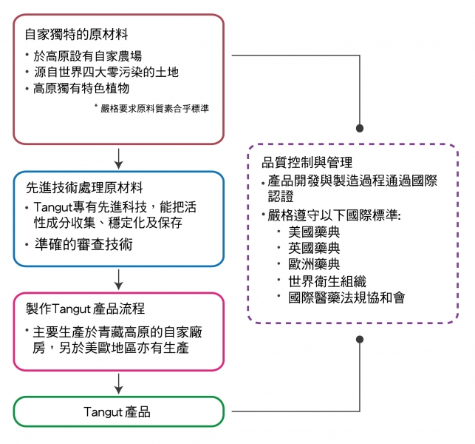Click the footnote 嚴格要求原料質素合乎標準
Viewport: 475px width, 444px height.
(155, 108)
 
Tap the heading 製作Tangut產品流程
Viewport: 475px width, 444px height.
(86, 307)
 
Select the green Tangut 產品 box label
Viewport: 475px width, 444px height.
(118, 411)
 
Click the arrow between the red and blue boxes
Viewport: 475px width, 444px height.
(118, 158)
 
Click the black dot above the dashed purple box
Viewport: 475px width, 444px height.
(360, 127)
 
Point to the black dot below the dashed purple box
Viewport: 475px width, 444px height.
(360, 339)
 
